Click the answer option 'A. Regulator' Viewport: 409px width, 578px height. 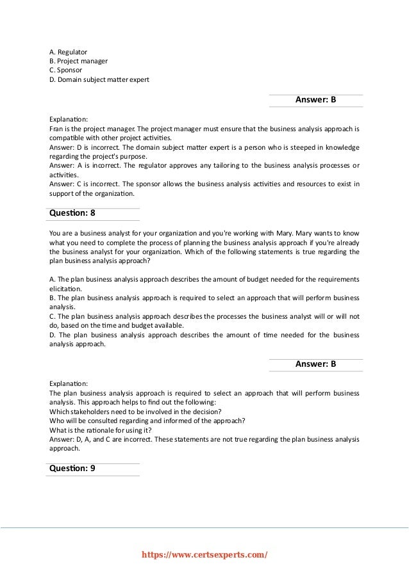68,51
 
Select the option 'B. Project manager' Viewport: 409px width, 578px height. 78,61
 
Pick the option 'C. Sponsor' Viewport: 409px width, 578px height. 65,70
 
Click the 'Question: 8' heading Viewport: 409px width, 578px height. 72,213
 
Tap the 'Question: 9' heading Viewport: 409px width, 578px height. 72,468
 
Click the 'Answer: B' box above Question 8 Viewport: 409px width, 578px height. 315,100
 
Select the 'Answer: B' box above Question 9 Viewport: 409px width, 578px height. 315,364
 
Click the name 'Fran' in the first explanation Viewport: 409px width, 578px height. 56,128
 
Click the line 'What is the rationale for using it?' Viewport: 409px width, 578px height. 101,430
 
